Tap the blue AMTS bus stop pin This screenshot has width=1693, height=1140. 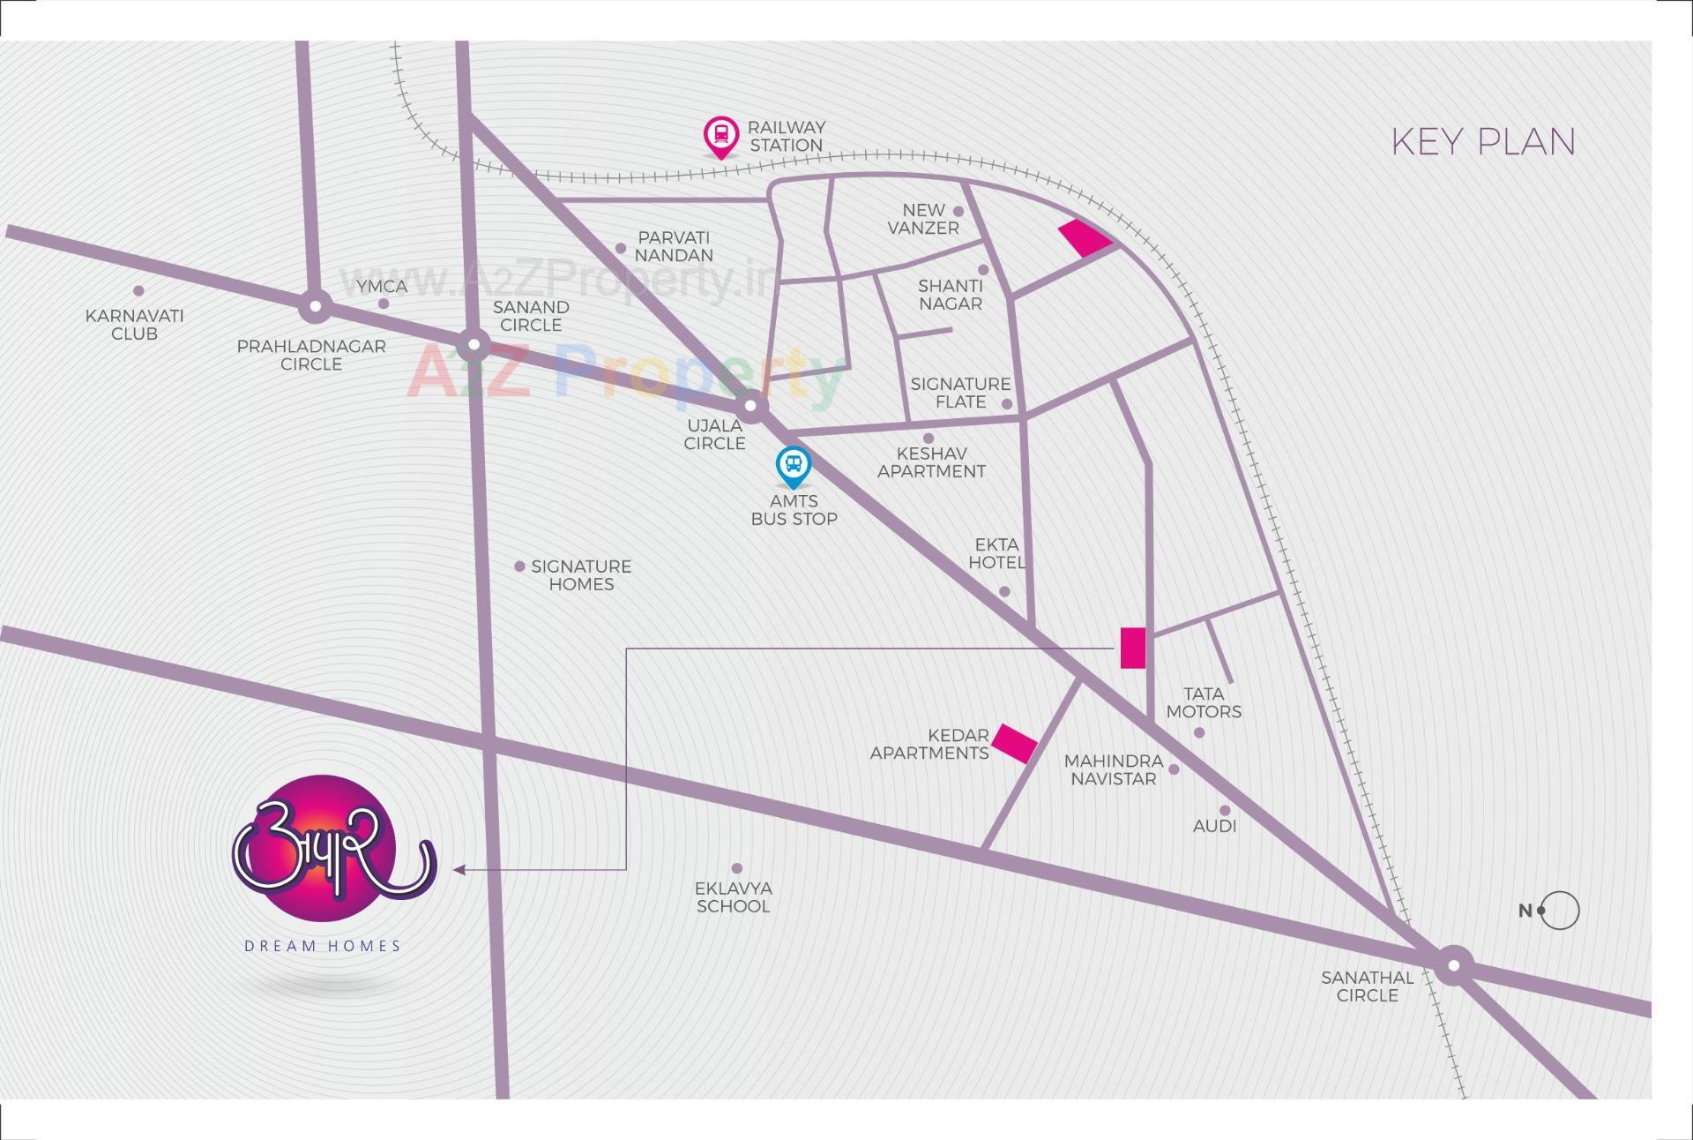tap(793, 466)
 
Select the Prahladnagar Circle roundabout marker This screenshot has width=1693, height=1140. tap(315, 307)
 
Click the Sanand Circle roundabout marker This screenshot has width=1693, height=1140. tap(474, 345)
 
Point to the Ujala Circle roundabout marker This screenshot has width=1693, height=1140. tap(751, 407)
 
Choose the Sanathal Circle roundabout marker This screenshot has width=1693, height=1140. tap(1453, 965)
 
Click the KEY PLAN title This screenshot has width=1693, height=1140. tap(1483, 142)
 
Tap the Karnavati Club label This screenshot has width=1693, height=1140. tap(134, 325)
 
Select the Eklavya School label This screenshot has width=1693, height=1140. tap(733, 897)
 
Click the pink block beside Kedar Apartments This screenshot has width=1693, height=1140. tap(1014, 743)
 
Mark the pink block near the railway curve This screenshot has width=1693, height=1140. tap(1085, 237)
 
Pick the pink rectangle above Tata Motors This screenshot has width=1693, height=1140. tap(1133, 648)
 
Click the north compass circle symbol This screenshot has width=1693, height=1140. tap(1559, 911)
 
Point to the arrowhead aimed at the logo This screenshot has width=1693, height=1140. tap(459, 870)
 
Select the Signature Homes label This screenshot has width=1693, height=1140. tap(581, 575)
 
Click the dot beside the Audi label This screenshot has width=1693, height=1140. tap(1225, 810)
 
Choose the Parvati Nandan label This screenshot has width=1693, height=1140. tap(674, 246)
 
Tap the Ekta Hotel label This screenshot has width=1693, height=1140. tap(996, 553)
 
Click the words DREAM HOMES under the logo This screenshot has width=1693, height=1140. tap(323, 946)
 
